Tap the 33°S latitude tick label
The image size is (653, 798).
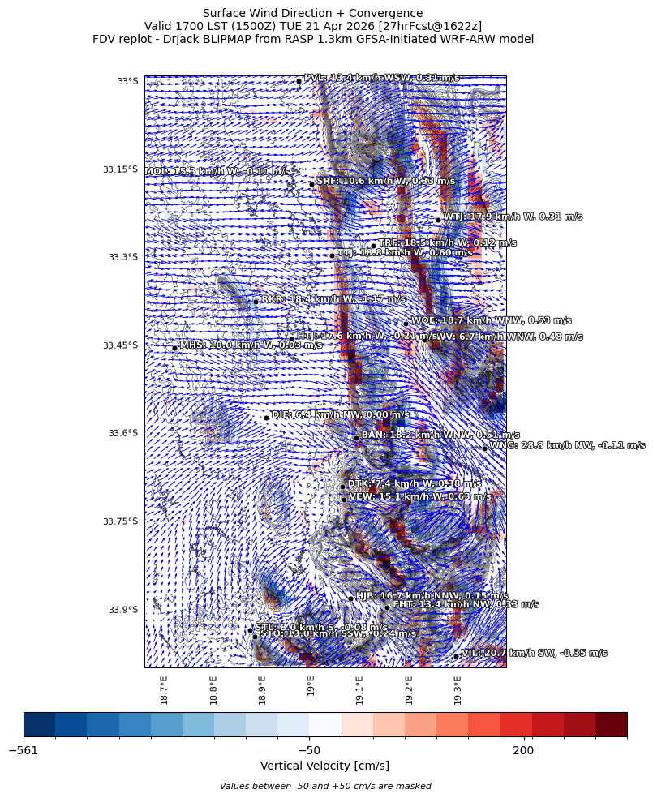tap(128, 81)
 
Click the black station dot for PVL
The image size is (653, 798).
tap(299, 81)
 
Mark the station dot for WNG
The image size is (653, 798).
tap(484, 448)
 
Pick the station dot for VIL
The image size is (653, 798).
tap(457, 656)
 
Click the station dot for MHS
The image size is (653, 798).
tap(174, 348)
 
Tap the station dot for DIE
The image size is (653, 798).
tap(266, 418)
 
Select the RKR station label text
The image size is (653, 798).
tap(333, 299)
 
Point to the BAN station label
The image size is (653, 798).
tap(440, 435)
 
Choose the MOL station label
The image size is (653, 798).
tap(217, 172)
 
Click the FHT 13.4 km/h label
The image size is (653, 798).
tap(466, 604)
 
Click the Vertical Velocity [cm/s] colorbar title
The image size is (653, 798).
tap(324, 766)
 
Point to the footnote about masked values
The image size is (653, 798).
tap(325, 786)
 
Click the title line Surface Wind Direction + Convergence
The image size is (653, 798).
tap(312, 13)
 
